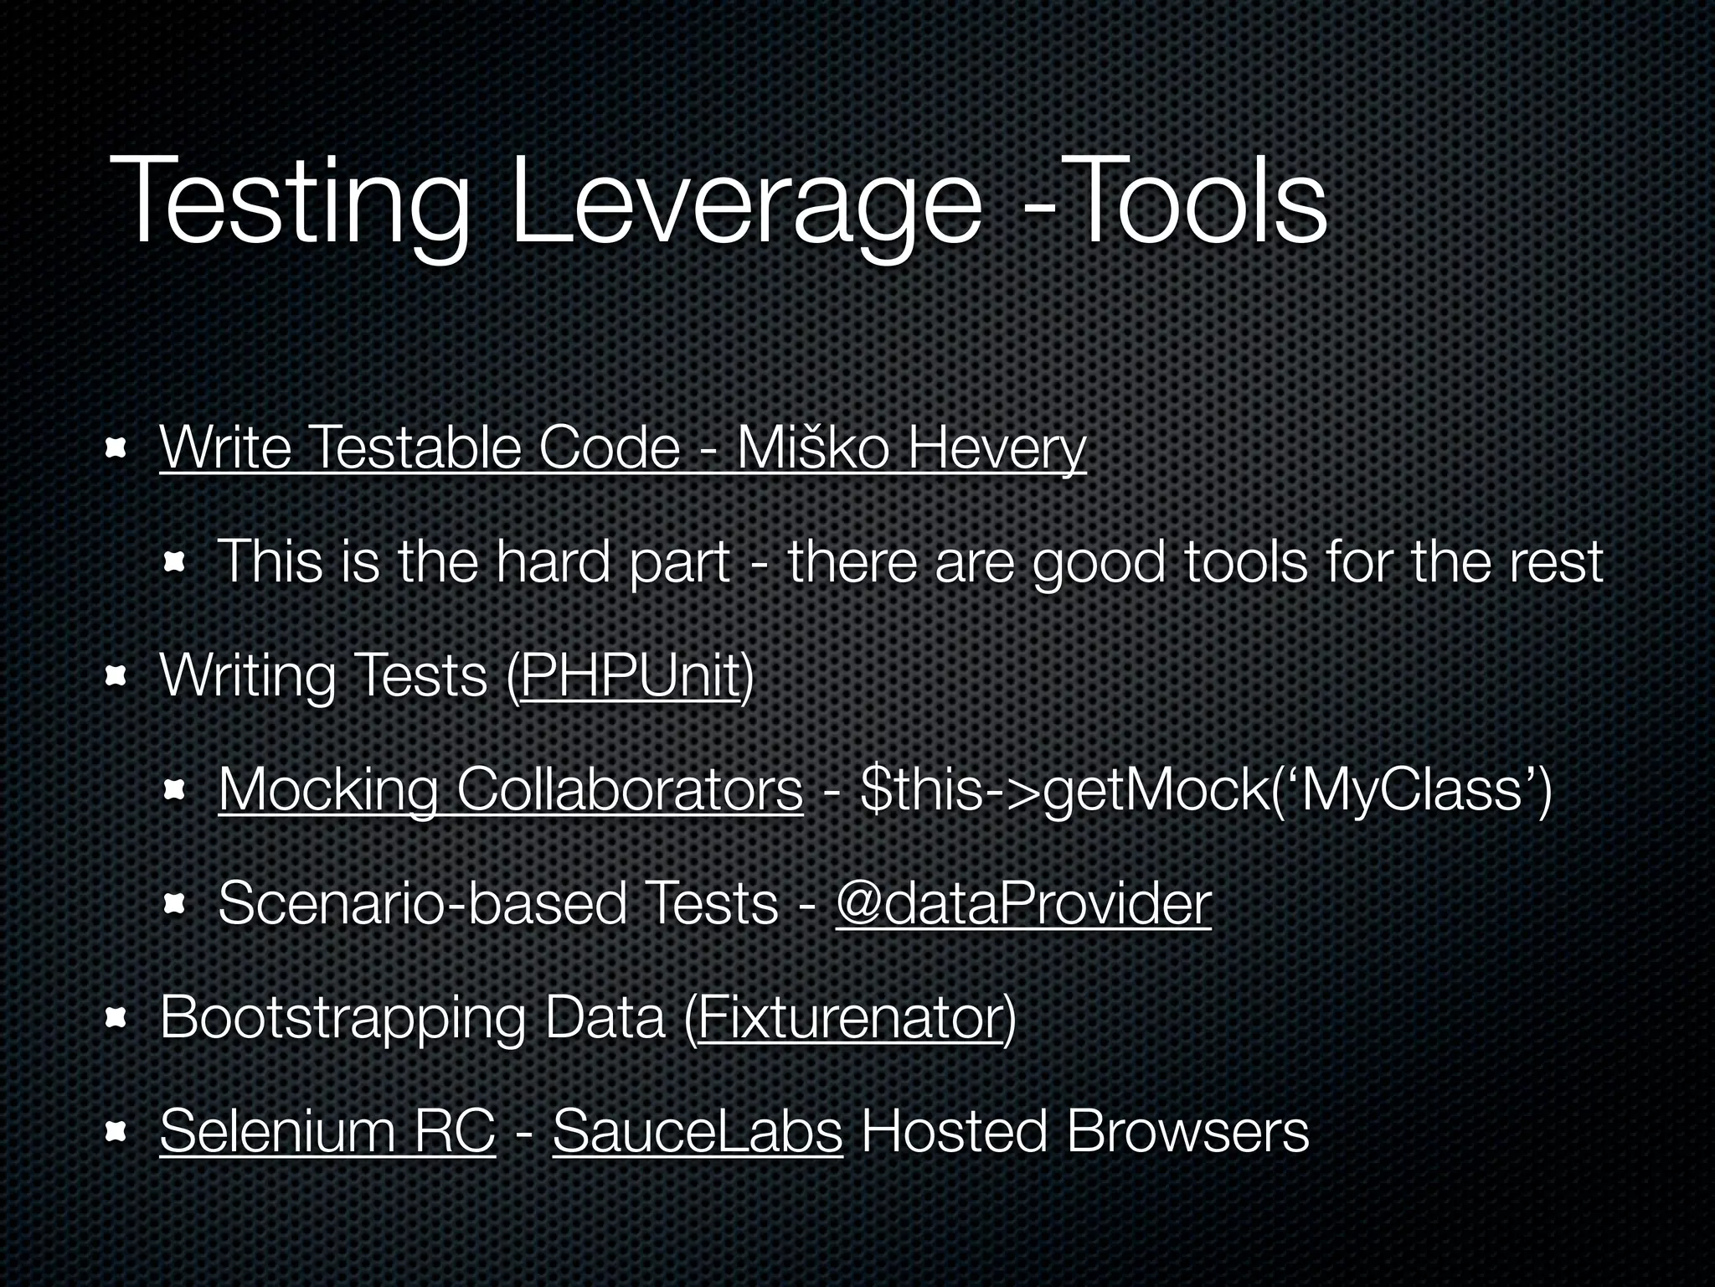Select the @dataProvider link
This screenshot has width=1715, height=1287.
(x=1022, y=904)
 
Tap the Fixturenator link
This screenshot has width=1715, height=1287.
(x=850, y=1018)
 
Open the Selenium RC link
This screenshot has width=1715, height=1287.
(x=327, y=1131)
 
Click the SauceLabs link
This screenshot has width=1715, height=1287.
(x=697, y=1131)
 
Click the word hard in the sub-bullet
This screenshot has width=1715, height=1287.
(x=553, y=562)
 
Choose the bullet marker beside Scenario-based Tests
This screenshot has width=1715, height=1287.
(x=174, y=905)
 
